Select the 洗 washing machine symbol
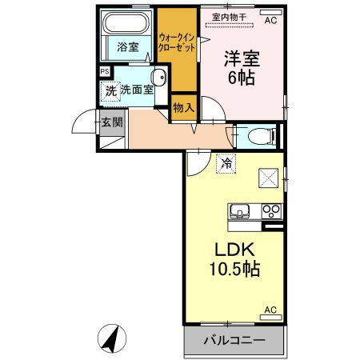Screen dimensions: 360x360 click(111, 90)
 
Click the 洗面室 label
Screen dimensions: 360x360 click(137, 90)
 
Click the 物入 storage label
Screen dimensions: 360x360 click(183, 106)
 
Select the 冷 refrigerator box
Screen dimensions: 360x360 click(227, 162)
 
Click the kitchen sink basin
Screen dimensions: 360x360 click(239, 212)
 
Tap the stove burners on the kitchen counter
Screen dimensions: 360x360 click(271, 212)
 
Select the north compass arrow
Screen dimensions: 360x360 click(111, 339)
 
